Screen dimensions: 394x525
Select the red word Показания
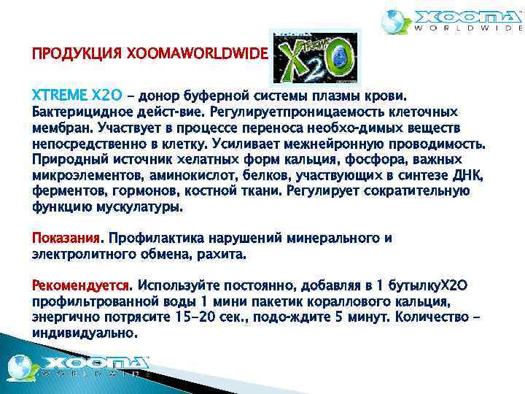(x=67, y=238)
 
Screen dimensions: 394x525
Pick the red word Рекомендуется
(x=81, y=283)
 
